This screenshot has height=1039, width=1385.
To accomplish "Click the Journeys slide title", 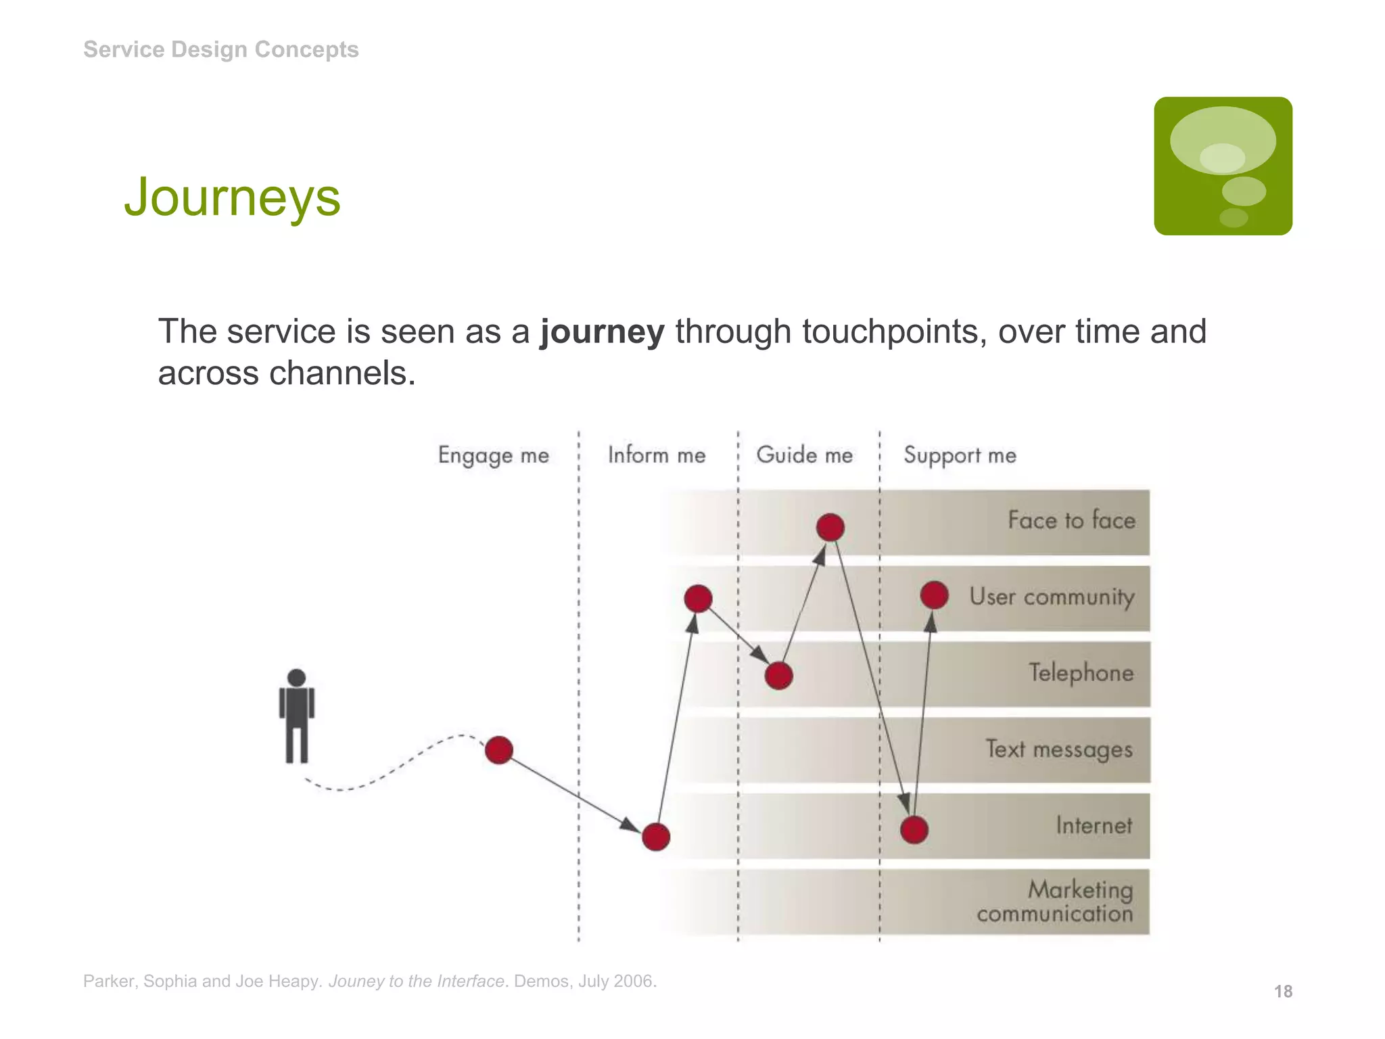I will (x=232, y=198).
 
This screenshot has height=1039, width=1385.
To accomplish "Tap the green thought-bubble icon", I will (x=1223, y=166).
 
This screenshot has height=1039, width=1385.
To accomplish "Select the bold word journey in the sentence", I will (x=602, y=331).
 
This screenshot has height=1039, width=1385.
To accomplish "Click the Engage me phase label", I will (x=493, y=455).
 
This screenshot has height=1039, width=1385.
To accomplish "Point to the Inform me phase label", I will (x=656, y=455).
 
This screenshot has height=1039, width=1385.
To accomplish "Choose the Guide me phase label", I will (x=804, y=455).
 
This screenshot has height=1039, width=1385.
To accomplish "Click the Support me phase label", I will (x=960, y=455).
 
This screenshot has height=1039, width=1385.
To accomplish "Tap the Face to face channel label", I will (x=1071, y=520).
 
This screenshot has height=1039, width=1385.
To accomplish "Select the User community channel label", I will (x=1052, y=597).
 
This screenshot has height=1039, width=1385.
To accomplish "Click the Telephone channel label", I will (x=1081, y=673).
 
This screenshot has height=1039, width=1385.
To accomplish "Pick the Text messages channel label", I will (x=1058, y=749).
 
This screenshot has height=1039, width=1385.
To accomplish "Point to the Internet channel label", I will (x=1094, y=825).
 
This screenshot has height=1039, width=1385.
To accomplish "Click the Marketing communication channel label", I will (x=1055, y=902).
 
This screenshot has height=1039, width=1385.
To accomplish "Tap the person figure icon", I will (x=296, y=716).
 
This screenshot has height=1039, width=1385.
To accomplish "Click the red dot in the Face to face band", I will (x=830, y=528).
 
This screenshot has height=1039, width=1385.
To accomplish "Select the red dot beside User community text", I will (x=934, y=595).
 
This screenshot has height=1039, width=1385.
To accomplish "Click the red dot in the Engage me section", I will (x=499, y=750).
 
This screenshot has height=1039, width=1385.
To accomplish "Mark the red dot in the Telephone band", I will (x=778, y=675).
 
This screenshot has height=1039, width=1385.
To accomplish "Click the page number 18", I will (x=1283, y=992).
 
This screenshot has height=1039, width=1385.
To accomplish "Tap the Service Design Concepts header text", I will (x=220, y=49).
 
